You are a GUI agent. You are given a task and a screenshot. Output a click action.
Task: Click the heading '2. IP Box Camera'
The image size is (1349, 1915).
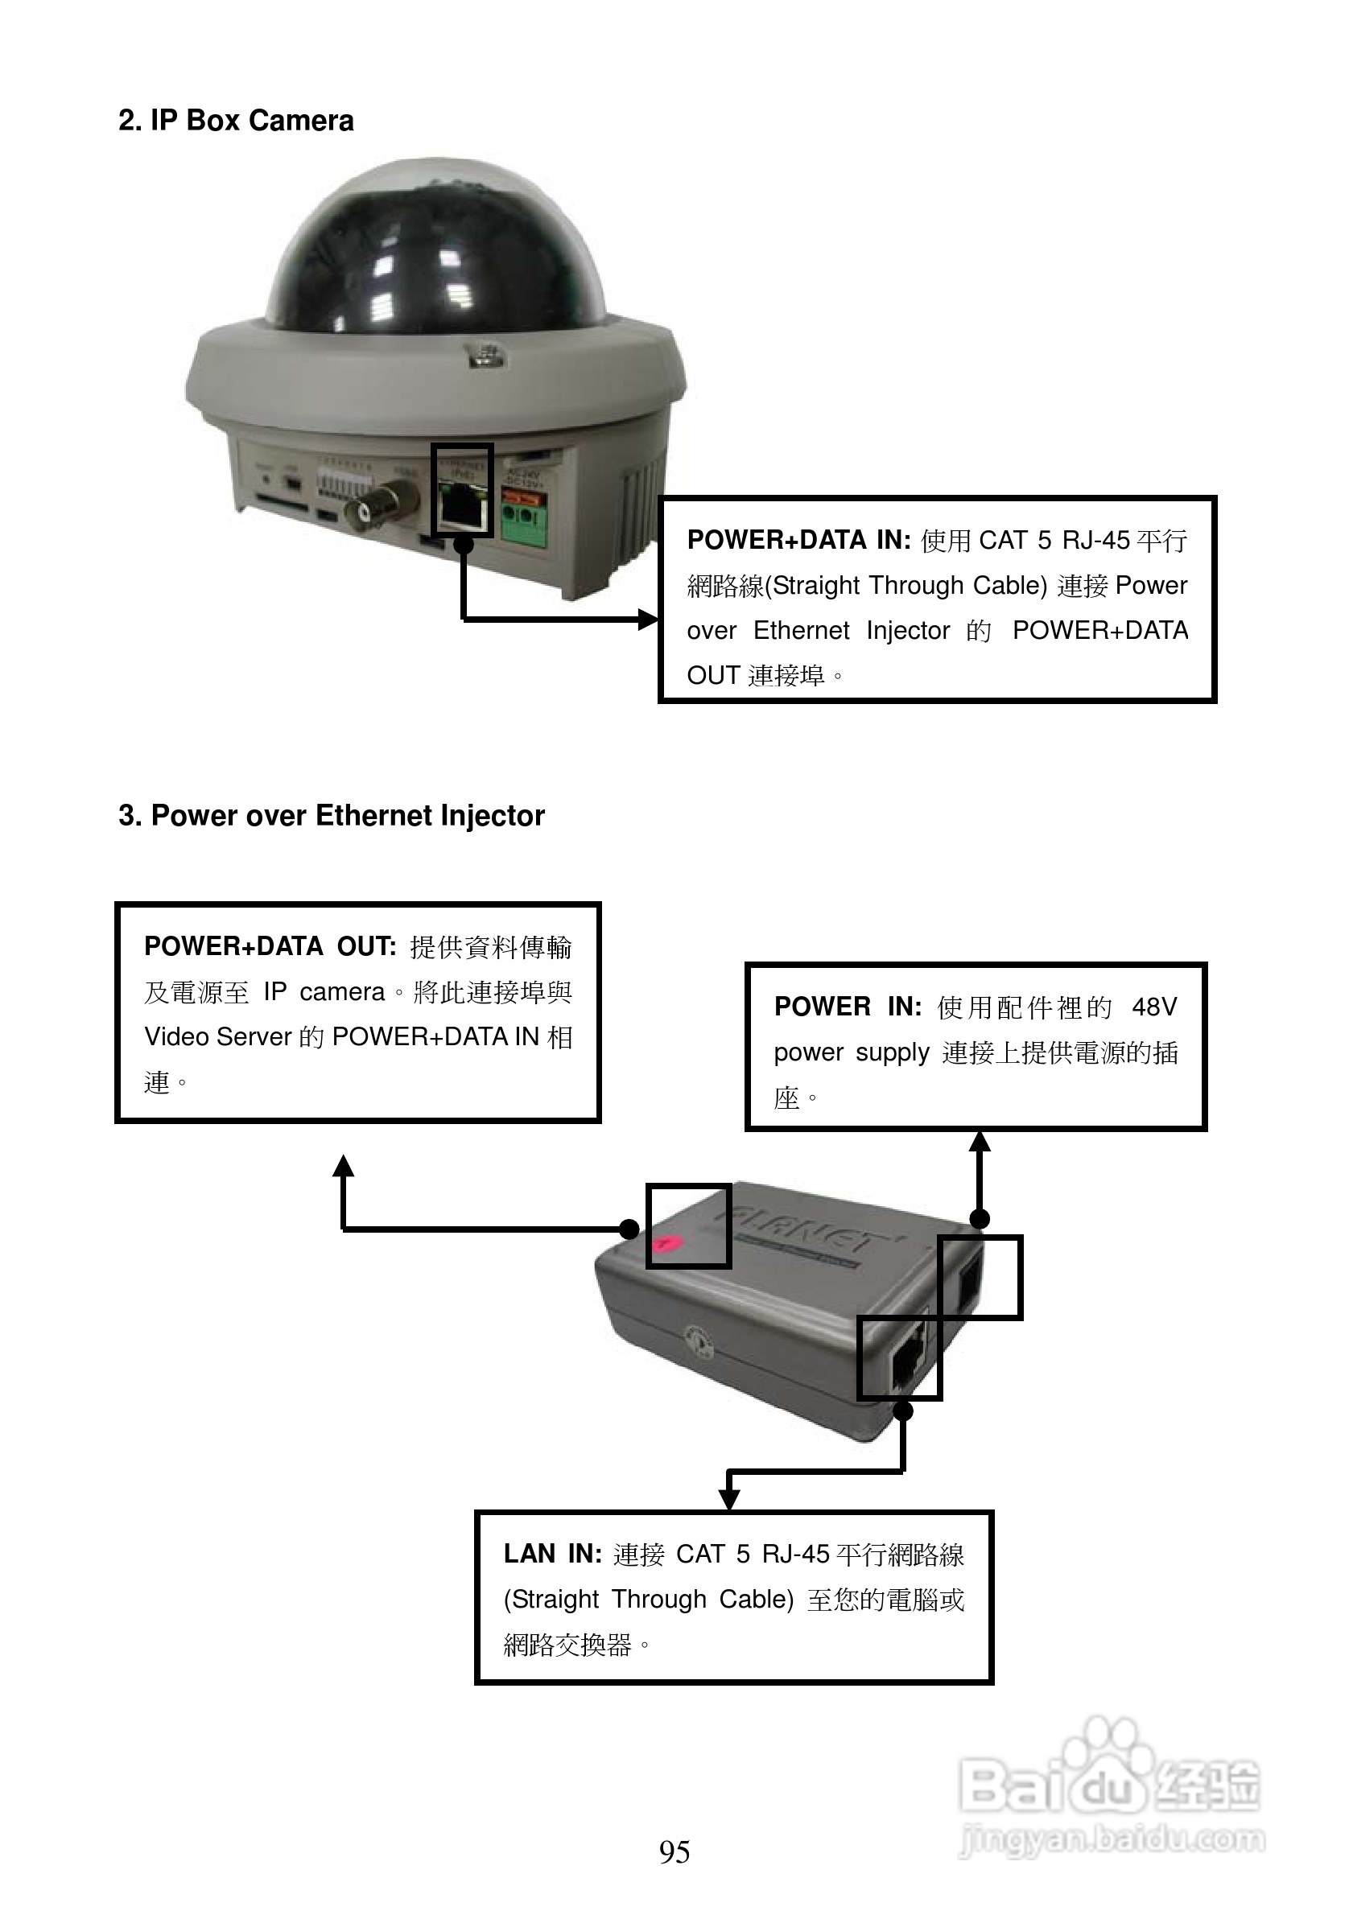click(236, 121)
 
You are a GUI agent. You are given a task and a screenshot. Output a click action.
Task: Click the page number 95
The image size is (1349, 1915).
click(674, 1851)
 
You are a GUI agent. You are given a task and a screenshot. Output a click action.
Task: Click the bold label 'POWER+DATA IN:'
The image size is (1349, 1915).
click(798, 541)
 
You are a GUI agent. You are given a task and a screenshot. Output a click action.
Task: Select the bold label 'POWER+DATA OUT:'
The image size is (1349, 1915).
click(270, 947)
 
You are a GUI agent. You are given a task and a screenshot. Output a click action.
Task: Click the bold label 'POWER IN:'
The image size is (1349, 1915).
click(848, 1007)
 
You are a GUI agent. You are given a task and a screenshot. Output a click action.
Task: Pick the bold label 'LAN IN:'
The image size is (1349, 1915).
click(552, 1554)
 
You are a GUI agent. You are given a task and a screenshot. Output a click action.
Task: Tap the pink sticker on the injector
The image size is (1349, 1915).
click(666, 1244)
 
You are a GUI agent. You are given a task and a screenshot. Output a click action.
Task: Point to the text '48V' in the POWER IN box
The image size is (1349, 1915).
click(1153, 1007)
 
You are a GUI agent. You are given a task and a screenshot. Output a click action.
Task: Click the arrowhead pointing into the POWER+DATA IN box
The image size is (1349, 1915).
click(648, 619)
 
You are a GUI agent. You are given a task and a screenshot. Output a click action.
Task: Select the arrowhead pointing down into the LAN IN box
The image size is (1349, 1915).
click(729, 1499)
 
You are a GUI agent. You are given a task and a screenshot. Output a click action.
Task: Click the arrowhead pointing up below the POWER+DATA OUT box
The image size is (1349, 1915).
click(343, 1166)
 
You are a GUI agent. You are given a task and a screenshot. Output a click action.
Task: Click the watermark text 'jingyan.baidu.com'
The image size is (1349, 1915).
click(1112, 1839)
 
